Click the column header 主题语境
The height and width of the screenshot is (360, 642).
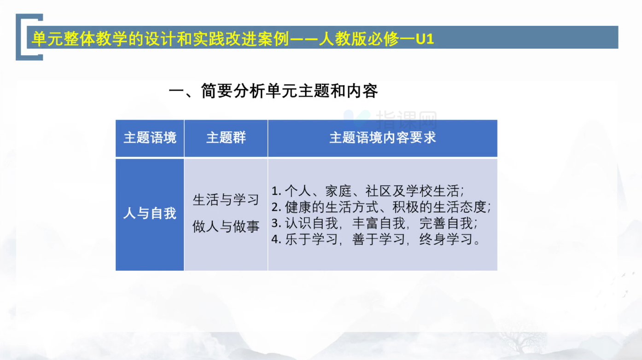click(x=150, y=138)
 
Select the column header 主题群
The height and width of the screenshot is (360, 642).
click(x=226, y=138)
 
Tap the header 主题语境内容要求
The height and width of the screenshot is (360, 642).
click(x=383, y=138)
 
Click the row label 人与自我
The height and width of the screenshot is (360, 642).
click(x=150, y=213)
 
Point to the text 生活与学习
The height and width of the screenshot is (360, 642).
click(x=226, y=200)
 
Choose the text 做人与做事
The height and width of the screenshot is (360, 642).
click(x=226, y=226)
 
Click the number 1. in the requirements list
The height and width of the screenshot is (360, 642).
click(x=276, y=192)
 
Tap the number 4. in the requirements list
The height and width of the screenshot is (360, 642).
click(x=276, y=239)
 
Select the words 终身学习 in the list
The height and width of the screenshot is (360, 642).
click(x=446, y=239)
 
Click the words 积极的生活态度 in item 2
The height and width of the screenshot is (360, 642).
click(x=439, y=207)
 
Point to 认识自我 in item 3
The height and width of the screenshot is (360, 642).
click(x=311, y=223)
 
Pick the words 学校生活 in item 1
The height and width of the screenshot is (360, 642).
click(x=432, y=191)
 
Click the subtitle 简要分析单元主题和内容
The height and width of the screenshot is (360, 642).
click(x=290, y=91)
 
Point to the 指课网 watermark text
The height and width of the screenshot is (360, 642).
click(x=406, y=120)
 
